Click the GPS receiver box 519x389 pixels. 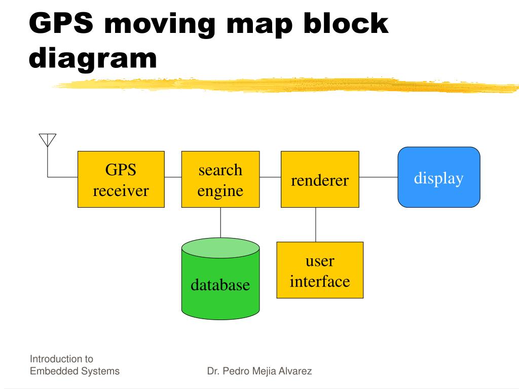(x=121, y=179)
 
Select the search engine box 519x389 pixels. (x=220, y=179)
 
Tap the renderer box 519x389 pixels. (x=320, y=179)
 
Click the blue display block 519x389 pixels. (x=438, y=177)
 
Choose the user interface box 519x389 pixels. (x=320, y=270)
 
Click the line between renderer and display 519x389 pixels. (x=378, y=177)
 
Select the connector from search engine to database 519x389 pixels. (x=220, y=223)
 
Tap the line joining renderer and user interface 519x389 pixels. (x=316, y=224)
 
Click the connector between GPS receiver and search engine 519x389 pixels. (x=173, y=177)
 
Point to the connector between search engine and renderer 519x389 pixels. (x=270, y=177)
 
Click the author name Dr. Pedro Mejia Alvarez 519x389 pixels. (x=259, y=371)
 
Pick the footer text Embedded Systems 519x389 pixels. (x=75, y=371)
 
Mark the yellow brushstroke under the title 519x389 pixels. (x=284, y=85)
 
